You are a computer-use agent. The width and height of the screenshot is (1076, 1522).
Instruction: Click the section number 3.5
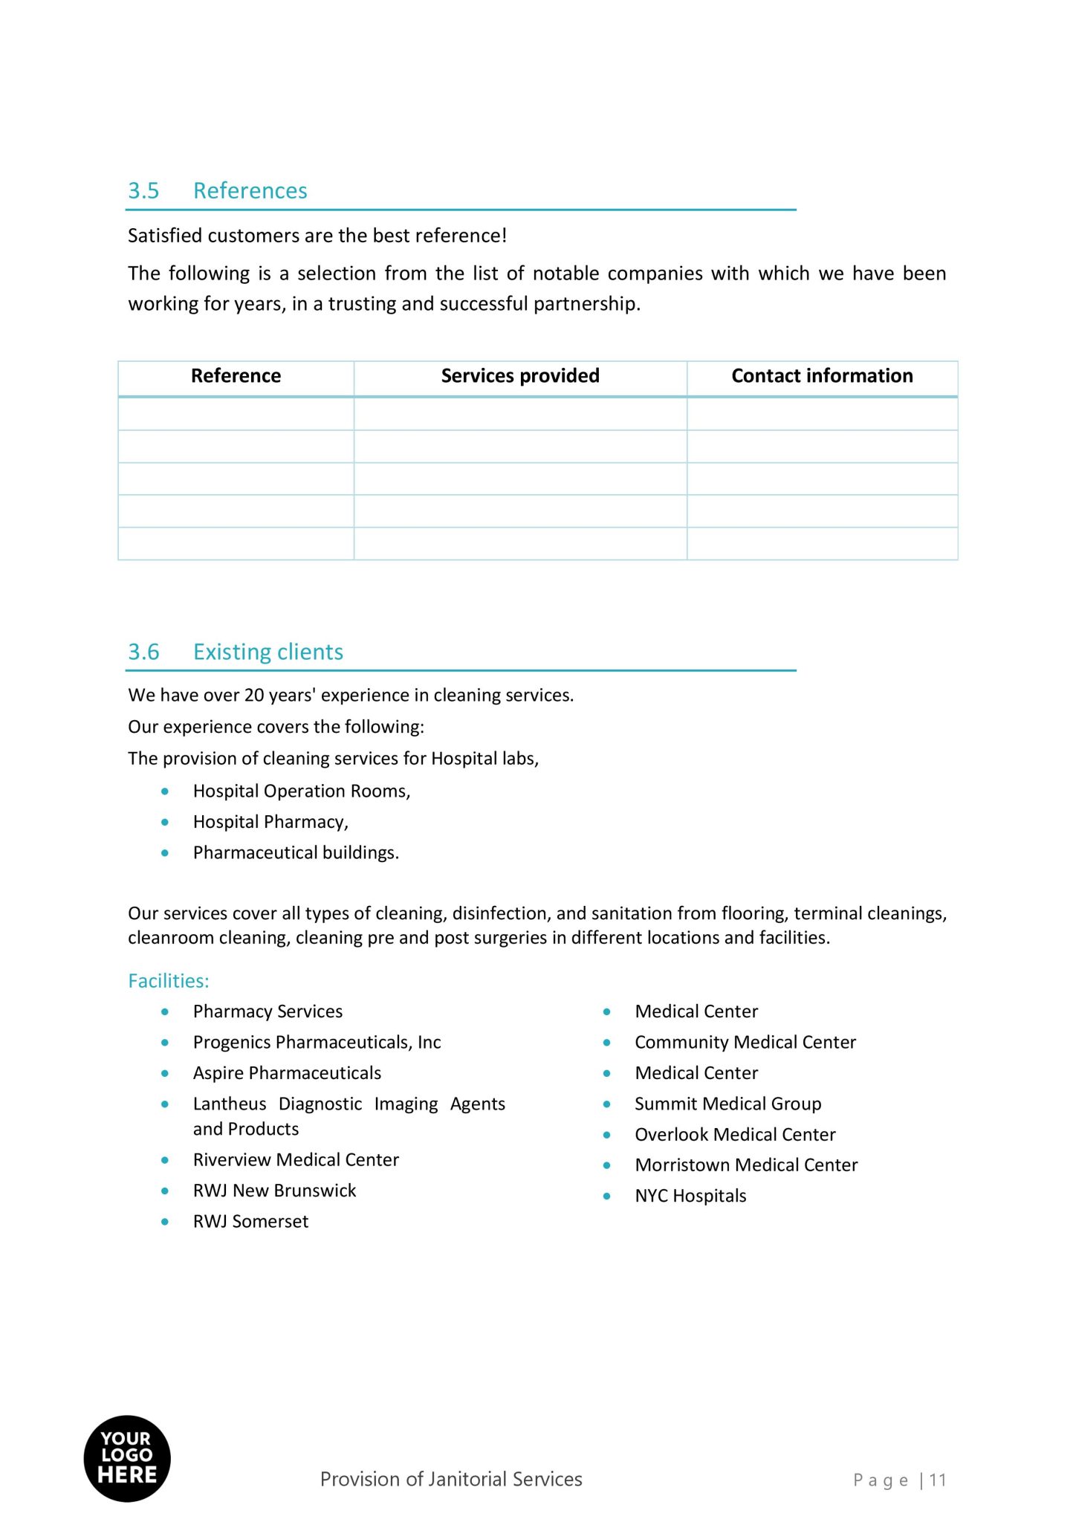pyautogui.click(x=143, y=191)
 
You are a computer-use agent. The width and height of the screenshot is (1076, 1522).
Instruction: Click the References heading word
pyautogui.click(x=250, y=191)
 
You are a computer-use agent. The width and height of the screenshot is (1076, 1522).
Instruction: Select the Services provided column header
pyautogui.click(x=519, y=376)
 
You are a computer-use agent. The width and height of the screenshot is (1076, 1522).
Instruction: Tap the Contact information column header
pyautogui.click(x=822, y=376)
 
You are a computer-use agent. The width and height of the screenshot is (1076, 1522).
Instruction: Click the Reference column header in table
pyautogui.click(x=236, y=376)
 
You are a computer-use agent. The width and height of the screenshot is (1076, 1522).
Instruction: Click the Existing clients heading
pyautogui.click(x=268, y=652)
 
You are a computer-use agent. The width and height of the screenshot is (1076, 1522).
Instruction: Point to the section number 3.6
pyautogui.click(x=143, y=652)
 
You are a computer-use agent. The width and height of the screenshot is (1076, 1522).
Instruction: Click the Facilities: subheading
pyautogui.click(x=169, y=981)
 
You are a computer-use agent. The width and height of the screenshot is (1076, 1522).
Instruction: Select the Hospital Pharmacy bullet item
pyautogui.click(x=270, y=822)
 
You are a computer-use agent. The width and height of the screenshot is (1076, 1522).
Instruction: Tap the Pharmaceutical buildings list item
pyautogui.click(x=296, y=852)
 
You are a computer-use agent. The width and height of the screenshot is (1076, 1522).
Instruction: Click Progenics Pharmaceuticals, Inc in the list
pyautogui.click(x=317, y=1042)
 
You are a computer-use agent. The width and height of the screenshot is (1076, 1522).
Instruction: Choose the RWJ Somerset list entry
pyautogui.click(x=250, y=1221)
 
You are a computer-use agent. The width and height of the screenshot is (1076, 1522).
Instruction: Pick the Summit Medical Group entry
pyautogui.click(x=727, y=1104)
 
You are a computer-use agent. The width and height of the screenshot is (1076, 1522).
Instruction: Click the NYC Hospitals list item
pyautogui.click(x=690, y=1196)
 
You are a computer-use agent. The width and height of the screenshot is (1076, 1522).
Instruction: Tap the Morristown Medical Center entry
pyautogui.click(x=746, y=1165)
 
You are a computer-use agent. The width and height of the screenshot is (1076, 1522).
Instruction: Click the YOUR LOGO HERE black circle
pyautogui.click(x=127, y=1458)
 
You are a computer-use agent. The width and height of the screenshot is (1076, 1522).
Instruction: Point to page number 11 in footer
pyautogui.click(x=937, y=1480)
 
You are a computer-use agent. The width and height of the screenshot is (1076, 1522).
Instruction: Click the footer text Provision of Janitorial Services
pyautogui.click(x=451, y=1479)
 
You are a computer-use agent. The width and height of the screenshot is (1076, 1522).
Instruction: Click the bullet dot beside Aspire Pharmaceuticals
pyautogui.click(x=165, y=1073)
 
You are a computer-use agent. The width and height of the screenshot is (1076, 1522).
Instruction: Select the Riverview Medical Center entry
pyautogui.click(x=296, y=1159)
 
